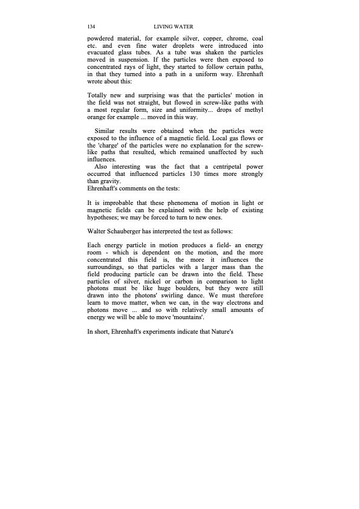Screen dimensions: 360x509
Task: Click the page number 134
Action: click(93, 27)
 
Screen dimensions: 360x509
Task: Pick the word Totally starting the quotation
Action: click(100, 96)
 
